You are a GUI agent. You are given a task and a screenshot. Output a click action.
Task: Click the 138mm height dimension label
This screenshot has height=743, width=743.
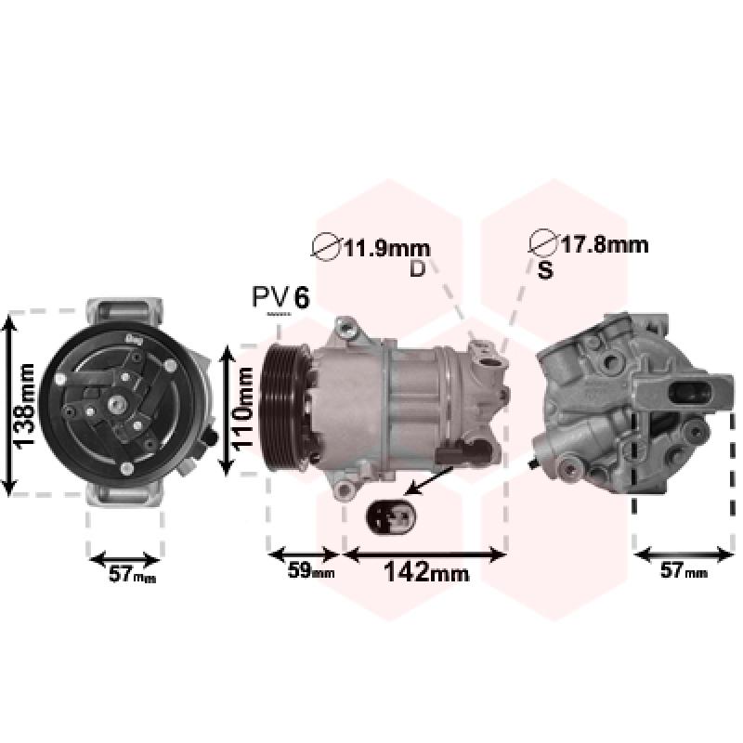click(x=25, y=406)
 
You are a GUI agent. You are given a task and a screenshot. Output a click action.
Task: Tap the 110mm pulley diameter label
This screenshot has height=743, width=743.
click(x=244, y=409)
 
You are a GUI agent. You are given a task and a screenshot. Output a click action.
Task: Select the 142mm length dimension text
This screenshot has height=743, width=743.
click(x=426, y=572)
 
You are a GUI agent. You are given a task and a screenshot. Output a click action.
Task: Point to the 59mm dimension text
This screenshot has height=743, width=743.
click(x=311, y=570)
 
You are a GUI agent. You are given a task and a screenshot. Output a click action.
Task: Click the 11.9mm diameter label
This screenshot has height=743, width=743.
click(x=386, y=249)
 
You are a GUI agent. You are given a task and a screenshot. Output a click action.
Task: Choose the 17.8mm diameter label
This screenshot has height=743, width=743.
click(x=605, y=245)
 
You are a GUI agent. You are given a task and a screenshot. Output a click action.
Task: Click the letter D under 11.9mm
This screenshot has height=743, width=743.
click(x=417, y=268)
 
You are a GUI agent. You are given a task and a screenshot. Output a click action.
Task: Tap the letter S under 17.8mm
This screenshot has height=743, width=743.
click(x=545, y=270)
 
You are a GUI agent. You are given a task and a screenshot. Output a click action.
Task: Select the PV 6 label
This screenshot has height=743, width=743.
click(x=280, y=297)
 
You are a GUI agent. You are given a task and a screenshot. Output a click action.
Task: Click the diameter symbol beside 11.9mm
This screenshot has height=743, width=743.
click(x=326, y=246)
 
